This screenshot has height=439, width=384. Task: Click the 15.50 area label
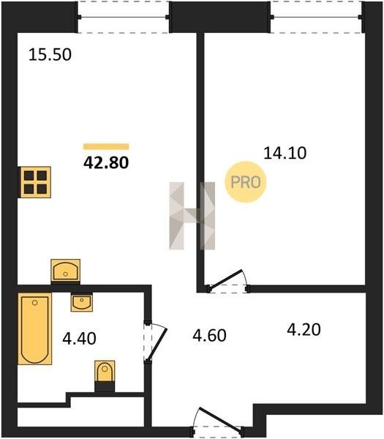coord(50,55)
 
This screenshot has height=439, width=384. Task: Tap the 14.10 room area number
coord(285,153)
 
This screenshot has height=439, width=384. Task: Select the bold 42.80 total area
coord(106,162)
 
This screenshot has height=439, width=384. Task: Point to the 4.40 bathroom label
coord(79,338)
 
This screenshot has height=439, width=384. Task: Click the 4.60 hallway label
coord(209,335)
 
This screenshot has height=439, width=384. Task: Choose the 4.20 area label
coord(304,329)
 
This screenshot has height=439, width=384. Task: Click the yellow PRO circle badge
coord(246,182)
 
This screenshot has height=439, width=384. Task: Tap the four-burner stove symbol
coord(34,182)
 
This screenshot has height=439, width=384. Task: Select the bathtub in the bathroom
coord(35,329)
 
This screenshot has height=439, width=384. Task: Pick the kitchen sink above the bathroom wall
coord(66,271)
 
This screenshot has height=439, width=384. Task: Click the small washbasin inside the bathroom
coord(82,302)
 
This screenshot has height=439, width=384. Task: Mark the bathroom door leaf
coord(157,345)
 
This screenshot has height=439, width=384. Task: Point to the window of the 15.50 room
coord(123,17)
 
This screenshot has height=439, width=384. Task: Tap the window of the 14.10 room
coord(316,17)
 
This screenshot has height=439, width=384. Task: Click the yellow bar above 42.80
coord(106,146)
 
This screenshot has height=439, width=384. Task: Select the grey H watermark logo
coord(192,216)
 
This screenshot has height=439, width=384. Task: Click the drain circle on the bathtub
coord(34,303)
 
